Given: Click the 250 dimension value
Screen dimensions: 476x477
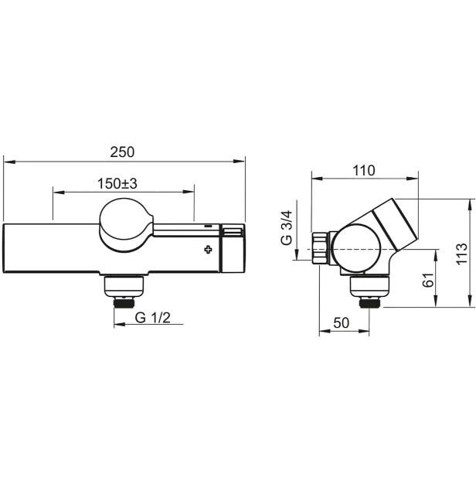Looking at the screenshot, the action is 122,152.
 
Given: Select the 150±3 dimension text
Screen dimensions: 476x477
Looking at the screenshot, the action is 117,183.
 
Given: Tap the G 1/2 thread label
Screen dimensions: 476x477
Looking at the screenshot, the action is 153,318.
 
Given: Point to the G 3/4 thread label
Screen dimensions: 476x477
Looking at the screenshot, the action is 287,228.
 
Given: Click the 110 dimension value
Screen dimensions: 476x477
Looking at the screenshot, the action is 364,171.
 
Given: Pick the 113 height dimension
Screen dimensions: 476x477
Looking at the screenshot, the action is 462,254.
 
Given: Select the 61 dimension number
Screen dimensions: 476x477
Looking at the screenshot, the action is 428,280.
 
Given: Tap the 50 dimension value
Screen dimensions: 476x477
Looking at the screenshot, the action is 342,322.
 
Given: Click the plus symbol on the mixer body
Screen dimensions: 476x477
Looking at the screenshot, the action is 209,250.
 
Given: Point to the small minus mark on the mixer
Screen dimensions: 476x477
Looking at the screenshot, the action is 208,226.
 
